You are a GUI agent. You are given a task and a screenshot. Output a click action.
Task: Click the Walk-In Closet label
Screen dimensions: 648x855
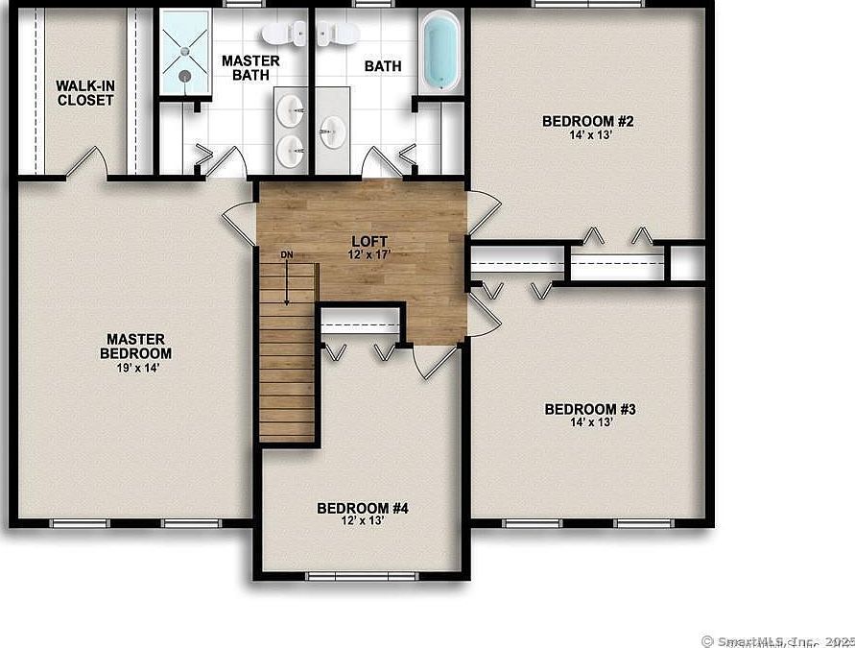pyautogui.click(x=85, y=92)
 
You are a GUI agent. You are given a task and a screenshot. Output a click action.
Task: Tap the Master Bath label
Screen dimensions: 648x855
pyautogui.click(x=250, y=67)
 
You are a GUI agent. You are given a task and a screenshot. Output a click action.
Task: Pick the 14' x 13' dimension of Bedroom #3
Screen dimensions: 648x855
pyautogui.click(x=590, y=422)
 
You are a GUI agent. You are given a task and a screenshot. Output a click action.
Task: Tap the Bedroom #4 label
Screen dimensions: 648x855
pyautogui.click(x=363, y=508)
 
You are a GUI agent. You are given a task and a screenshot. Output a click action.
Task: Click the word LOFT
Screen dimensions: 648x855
pyautogui.click(x=368, y=242)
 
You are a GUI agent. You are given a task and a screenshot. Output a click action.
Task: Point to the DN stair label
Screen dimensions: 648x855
pyautogui.click(x=286, y=254)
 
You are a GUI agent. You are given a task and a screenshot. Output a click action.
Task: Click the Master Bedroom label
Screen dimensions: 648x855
pyautogui.click(x=135, y=347)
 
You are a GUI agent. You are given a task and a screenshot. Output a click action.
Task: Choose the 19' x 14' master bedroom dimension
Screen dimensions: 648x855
pyautogui.click(x=135, y=368)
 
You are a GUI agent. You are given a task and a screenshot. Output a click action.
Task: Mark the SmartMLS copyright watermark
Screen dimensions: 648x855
pyautogui.click(x=777, y=639)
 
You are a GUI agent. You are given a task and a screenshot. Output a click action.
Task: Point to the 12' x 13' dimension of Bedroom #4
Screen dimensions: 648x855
pyautogui.click(x=363, y=521)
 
